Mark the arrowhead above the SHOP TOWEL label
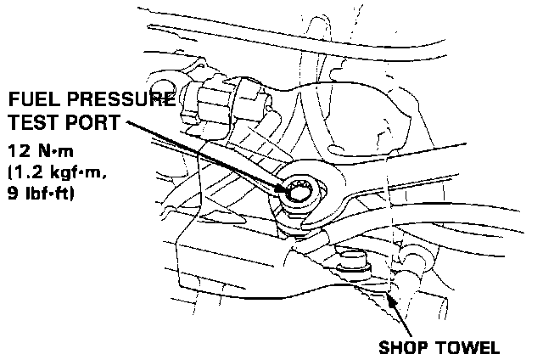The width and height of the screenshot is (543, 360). (x=395, y=301)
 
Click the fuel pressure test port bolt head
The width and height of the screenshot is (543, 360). (x=301, y=194)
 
